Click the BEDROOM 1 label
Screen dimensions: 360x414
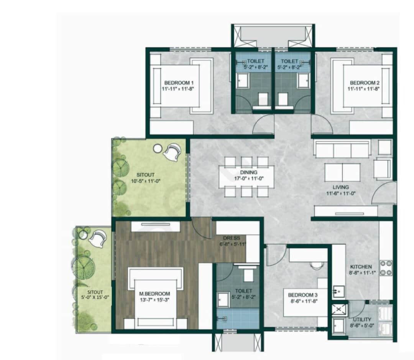click(x=179, y=83)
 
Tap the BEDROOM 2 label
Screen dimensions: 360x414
click(x=364, y=83)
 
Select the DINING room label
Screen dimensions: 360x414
click(x=249, y=172)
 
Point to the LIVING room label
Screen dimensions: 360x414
click(x=340, y=187)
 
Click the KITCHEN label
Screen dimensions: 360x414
click(x=361, y=266)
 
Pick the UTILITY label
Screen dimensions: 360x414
click(x=362, y=319)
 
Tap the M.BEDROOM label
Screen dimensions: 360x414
click(x=152, y=294)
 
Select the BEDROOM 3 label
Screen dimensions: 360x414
click(x=303, y=295)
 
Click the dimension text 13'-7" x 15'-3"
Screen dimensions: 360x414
click(x=152, y=301)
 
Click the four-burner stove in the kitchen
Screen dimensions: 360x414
click(x=386, y=268)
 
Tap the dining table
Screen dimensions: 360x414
click(x=246, y=177)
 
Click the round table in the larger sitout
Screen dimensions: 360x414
click(x=157, y=148)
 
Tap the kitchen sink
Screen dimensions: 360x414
click(x=338, y=292)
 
